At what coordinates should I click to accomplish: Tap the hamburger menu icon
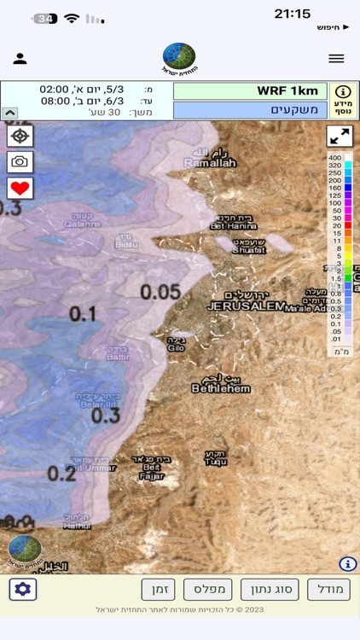click(x=336, y=58)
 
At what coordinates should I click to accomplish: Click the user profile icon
click(x=20, y=58)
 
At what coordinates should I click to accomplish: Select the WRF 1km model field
click(x=250, y=91)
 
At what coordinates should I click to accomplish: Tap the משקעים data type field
click(x=250, y=110)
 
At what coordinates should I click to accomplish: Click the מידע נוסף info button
click(x=343, y=100)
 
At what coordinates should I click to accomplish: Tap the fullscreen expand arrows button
click(x=340, y=137)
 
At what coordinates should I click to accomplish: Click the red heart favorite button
click(x=20, y=188)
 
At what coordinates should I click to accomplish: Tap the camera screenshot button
click(x=20, y=162)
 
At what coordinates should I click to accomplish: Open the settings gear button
click(x=23, y=589)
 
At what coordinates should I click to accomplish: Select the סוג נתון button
click(x=270, y=589)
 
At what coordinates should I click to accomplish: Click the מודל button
click(x=328, y=589)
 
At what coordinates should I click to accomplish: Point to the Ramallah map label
click(x=209, y=163)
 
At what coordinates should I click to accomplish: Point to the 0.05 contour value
click(x=160, y=292)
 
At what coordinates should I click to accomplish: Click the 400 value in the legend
click(x=335, y=158)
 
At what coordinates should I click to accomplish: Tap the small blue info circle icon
click(x=348, y=563)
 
